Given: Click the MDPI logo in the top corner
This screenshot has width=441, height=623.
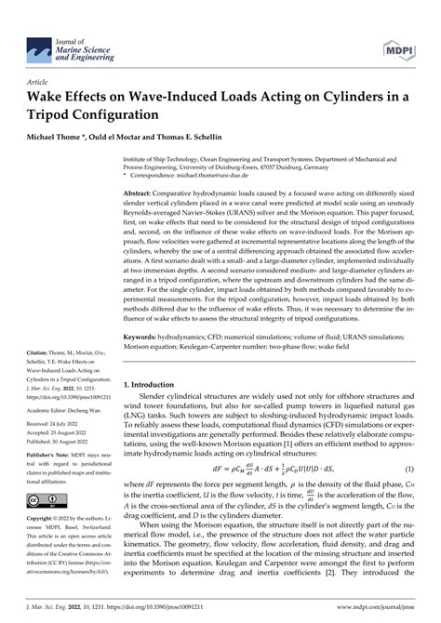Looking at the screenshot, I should click(397, 28).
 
